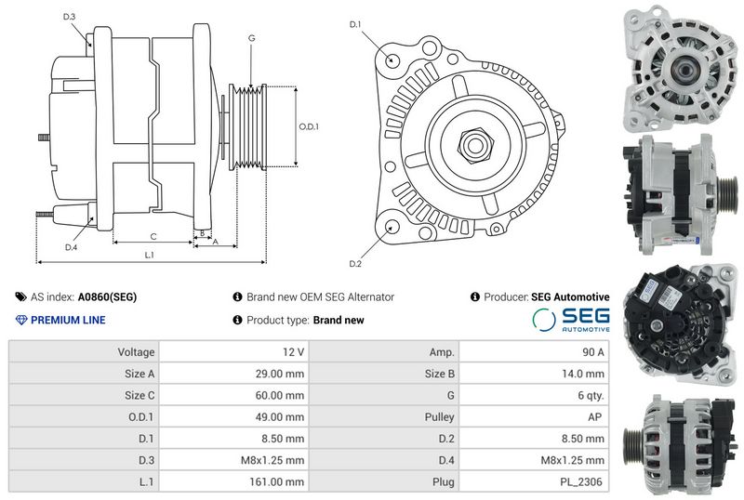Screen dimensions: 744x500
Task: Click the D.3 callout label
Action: click(69, 17)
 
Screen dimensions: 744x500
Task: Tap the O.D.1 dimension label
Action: click(309, 126)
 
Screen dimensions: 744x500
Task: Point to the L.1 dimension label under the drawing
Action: click(149, 256)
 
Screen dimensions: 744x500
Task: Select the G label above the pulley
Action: click(251, 38)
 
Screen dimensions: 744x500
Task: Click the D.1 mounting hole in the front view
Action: click(392, 59)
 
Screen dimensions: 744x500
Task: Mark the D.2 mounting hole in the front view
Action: click(392, 227)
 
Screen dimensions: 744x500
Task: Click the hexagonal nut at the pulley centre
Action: click(475, 145)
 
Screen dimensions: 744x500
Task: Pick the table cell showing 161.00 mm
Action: click(276, 482)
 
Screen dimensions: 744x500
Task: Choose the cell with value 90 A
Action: click(593, 352)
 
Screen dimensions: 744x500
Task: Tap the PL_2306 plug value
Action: click(580, 482)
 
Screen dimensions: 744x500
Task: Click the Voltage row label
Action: click(136, 352)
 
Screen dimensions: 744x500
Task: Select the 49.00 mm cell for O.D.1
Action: click(280, 417)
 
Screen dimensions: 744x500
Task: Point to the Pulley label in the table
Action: click(439, 417)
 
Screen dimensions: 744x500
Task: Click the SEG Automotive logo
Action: click(571, 320)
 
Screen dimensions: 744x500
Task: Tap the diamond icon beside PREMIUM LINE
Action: click(21, 320)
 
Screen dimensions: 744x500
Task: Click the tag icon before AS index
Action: click(20, 297)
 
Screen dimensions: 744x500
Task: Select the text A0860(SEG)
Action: click(107, 297)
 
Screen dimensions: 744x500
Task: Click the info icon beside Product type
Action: click(238, 320)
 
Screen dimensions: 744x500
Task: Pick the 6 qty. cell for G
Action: click(591, 396)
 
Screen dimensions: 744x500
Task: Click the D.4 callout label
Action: click(71, 247)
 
